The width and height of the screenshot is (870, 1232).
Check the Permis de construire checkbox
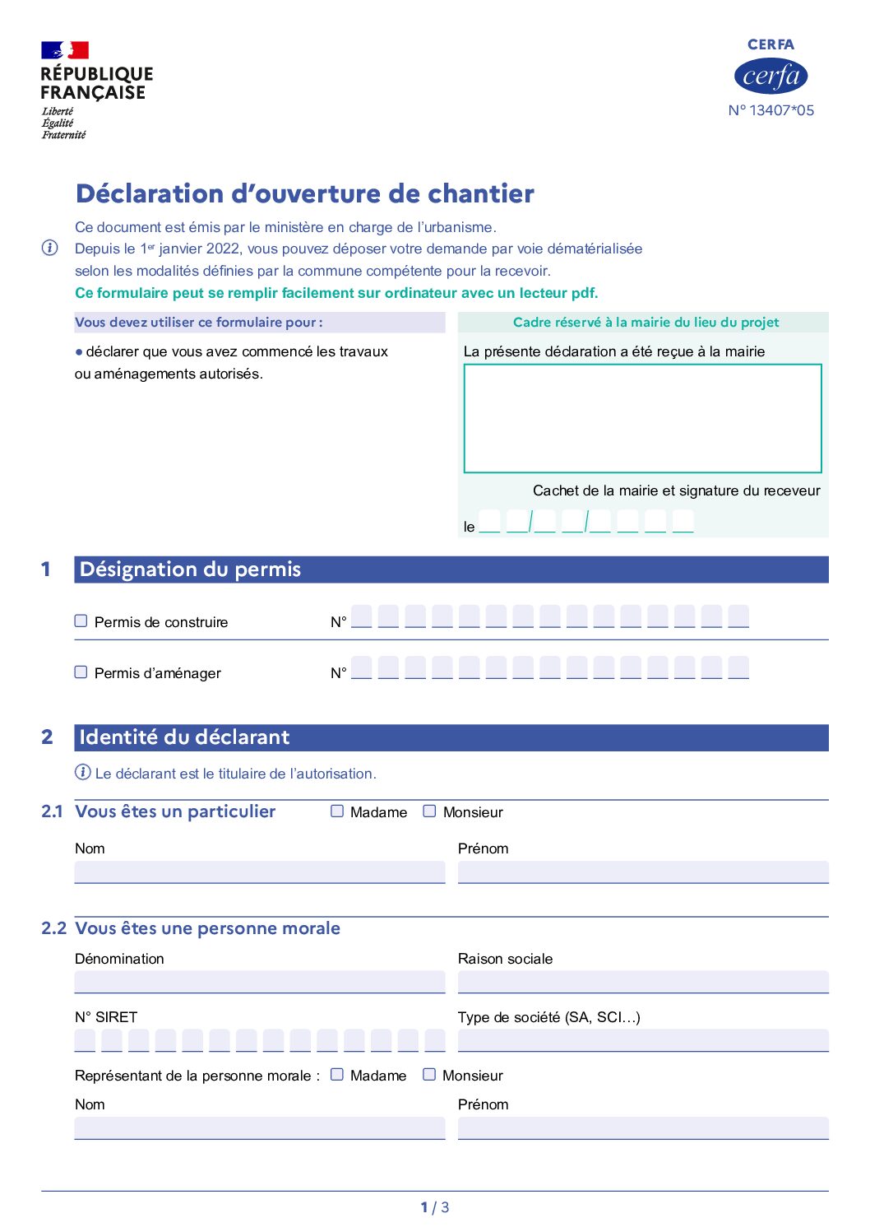[x=81, y=621]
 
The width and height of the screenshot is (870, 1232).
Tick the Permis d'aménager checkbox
[x=81, y=672]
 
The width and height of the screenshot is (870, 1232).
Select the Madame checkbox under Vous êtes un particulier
[x=337, y=811]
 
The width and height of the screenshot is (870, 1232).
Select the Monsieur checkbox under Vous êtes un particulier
[x=429, y=811]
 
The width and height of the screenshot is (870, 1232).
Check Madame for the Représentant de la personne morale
[x=337, y=1074]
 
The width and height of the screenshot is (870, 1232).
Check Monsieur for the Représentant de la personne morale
[x=429, y=1074]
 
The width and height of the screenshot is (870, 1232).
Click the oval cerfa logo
[x=771, y=77]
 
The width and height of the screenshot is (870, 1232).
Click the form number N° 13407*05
[x=771, y=110]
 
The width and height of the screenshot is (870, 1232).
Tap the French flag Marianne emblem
[x=65, y=50]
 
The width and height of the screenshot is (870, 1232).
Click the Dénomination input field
[x=259, y=981]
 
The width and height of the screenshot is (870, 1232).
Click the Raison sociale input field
[x=642, y=981]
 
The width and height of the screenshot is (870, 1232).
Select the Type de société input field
[x=642, y=1040]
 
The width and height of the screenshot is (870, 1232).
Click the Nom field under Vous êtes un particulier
[x=259, y=872]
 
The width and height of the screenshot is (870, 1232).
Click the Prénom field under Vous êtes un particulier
[x=642, y=872]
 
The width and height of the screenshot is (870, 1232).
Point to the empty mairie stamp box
[x=642, y=418]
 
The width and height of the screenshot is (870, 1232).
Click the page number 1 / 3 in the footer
[x=435, y=1207]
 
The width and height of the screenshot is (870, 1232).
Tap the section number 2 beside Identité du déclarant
[x=47, y=737]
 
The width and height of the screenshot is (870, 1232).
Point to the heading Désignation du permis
[x=190, y=570]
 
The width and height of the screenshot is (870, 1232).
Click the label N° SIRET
[x=106, y=1017]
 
